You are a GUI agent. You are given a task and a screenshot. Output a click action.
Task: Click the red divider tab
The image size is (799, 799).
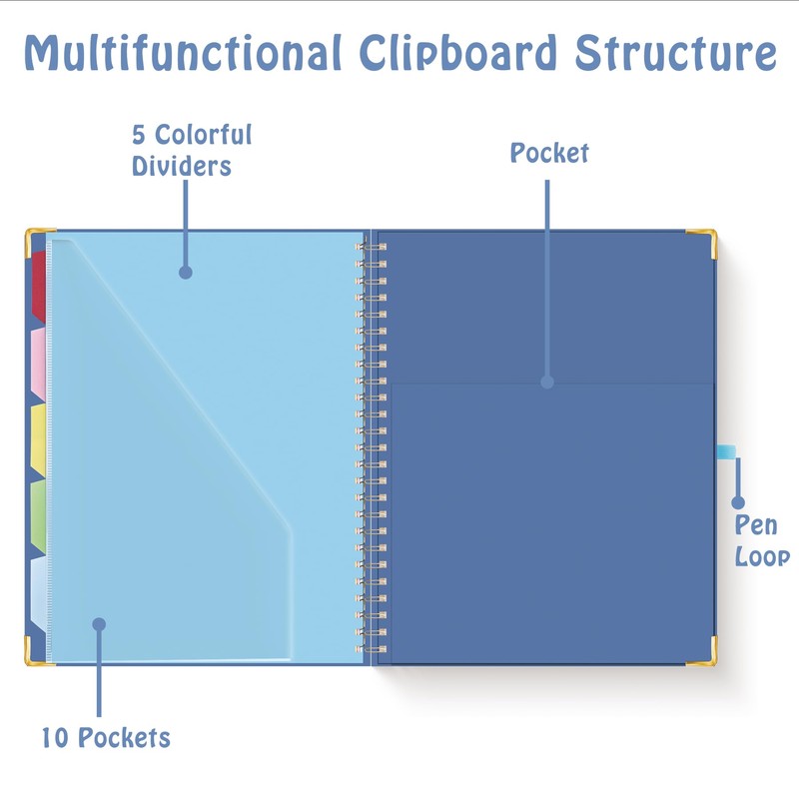click(39, 285)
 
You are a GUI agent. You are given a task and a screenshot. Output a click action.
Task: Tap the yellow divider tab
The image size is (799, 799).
click(39, 439)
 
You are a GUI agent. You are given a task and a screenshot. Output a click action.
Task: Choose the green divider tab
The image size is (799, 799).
click(39, 515)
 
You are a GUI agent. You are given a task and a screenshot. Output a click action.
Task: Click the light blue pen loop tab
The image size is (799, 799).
click(727, 452)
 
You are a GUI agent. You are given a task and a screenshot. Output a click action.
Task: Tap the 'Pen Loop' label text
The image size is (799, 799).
click(762, 540)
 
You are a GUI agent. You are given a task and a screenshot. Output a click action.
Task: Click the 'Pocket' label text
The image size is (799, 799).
click(549, 153)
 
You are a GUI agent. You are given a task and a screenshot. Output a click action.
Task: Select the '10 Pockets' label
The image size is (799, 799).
click(106, 739)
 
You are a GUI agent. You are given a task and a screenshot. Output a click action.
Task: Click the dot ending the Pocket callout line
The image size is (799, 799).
click(547, 382)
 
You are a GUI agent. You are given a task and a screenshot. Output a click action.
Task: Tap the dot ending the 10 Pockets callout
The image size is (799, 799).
click(99, 624)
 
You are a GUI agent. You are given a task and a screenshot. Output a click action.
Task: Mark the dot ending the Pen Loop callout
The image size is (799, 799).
click(738, 502)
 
